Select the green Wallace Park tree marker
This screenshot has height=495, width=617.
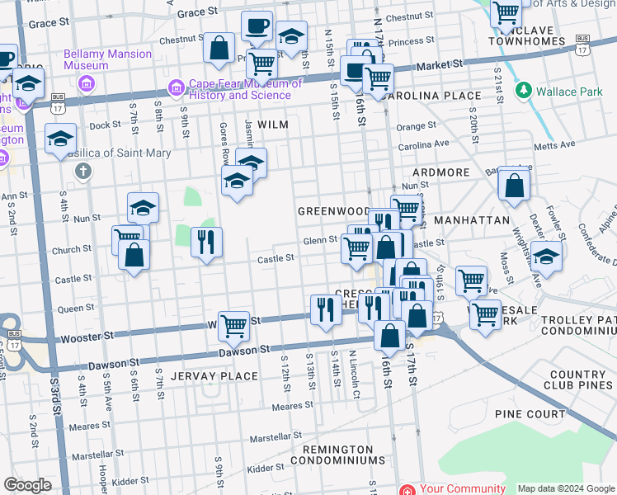coord(522,90)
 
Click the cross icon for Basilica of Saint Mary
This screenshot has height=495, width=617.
coord(82,172)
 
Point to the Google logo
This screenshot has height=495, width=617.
coord(27,486)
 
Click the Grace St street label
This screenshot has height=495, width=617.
coord(196,12)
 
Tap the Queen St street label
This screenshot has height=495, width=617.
coord(75,308)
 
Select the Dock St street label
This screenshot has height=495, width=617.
coord(105,125)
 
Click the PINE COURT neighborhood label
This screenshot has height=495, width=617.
coord(529,413)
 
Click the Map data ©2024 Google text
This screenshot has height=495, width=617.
coord(565,488)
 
